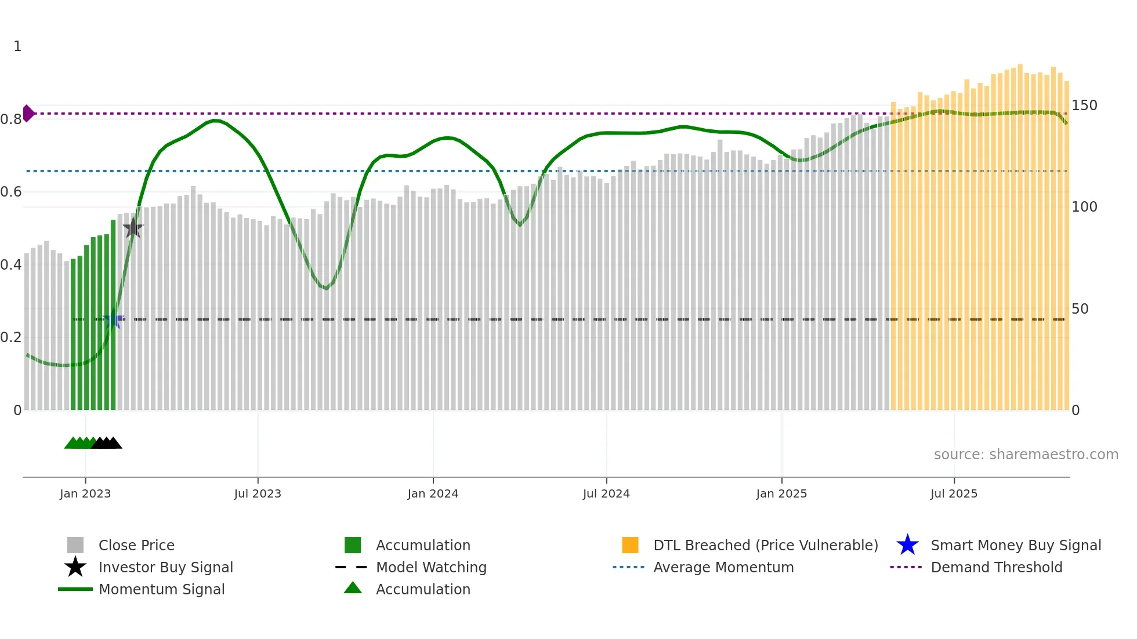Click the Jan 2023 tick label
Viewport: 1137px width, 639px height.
[85, 493]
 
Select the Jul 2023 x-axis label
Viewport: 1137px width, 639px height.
[258, 493]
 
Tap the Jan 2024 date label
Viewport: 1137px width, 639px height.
[433, 493]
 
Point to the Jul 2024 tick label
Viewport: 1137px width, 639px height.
[606, 493]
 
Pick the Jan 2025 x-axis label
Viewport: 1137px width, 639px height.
[781, 493]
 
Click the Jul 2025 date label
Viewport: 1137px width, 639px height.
[954, 493]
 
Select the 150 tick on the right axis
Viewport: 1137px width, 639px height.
[1084, 106]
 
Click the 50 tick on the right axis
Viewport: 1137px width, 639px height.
[1080, 309]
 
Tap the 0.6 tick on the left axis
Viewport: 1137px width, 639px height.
[11, 192]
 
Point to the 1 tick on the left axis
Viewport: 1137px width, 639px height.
[17, 46]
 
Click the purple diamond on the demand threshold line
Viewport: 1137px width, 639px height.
[28, 114]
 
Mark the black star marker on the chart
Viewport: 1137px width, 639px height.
[133, 228]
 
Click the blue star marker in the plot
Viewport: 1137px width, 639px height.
[113, 320]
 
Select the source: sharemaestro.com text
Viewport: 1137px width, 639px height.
[1026, 455]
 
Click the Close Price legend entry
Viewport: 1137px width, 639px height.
[136, 546]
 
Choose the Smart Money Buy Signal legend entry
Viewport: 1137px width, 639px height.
[1015, 546]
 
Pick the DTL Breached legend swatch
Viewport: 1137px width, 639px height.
[630, 546]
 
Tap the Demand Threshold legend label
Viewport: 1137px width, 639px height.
[996, 568]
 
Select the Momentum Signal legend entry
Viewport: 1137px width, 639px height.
[161, 590]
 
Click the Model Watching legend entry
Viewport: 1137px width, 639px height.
[431, 568]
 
